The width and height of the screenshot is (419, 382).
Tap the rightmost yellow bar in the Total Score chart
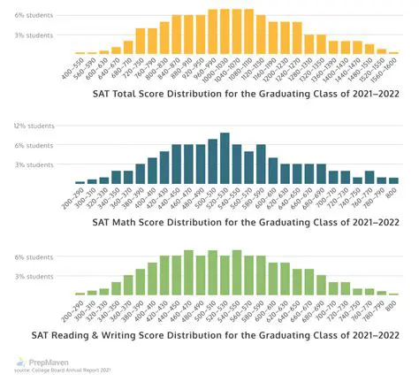[x=393, y=53]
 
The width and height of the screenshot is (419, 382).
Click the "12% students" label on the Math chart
[x=33, y=126]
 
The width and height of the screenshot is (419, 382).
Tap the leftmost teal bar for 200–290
[x=80, y=182]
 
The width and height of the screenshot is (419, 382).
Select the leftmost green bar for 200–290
[x=80, y=294]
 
